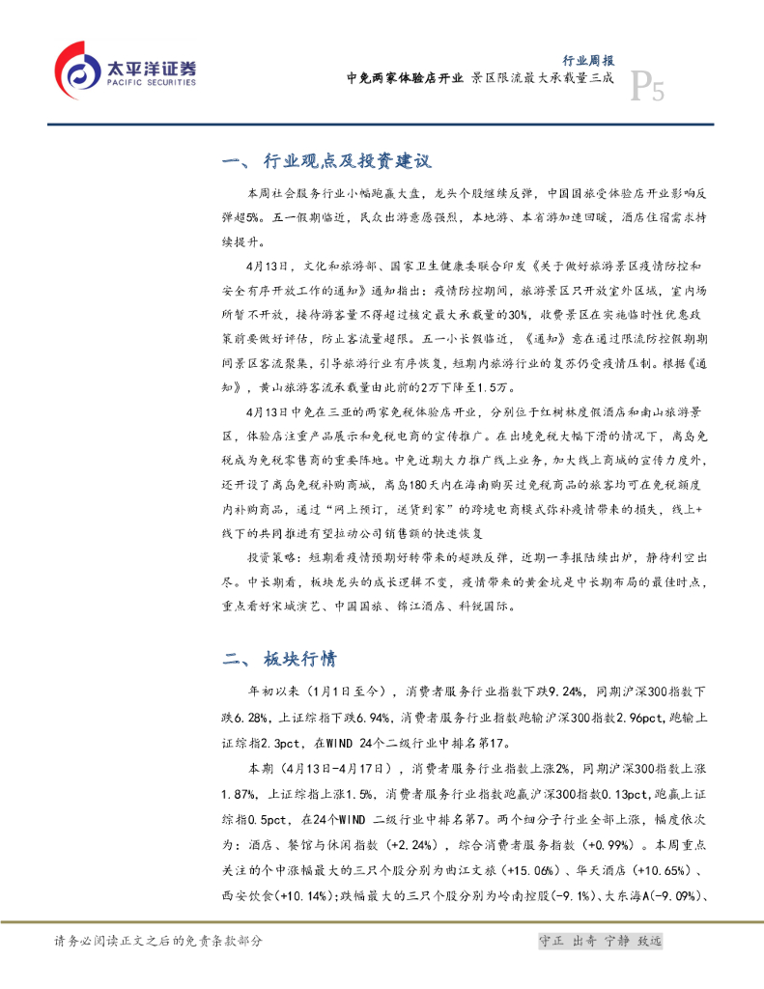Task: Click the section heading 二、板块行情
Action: [x=280, y=660]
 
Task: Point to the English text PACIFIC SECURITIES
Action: [x=151, y=81]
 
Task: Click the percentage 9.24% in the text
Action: [x=563, y=692]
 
